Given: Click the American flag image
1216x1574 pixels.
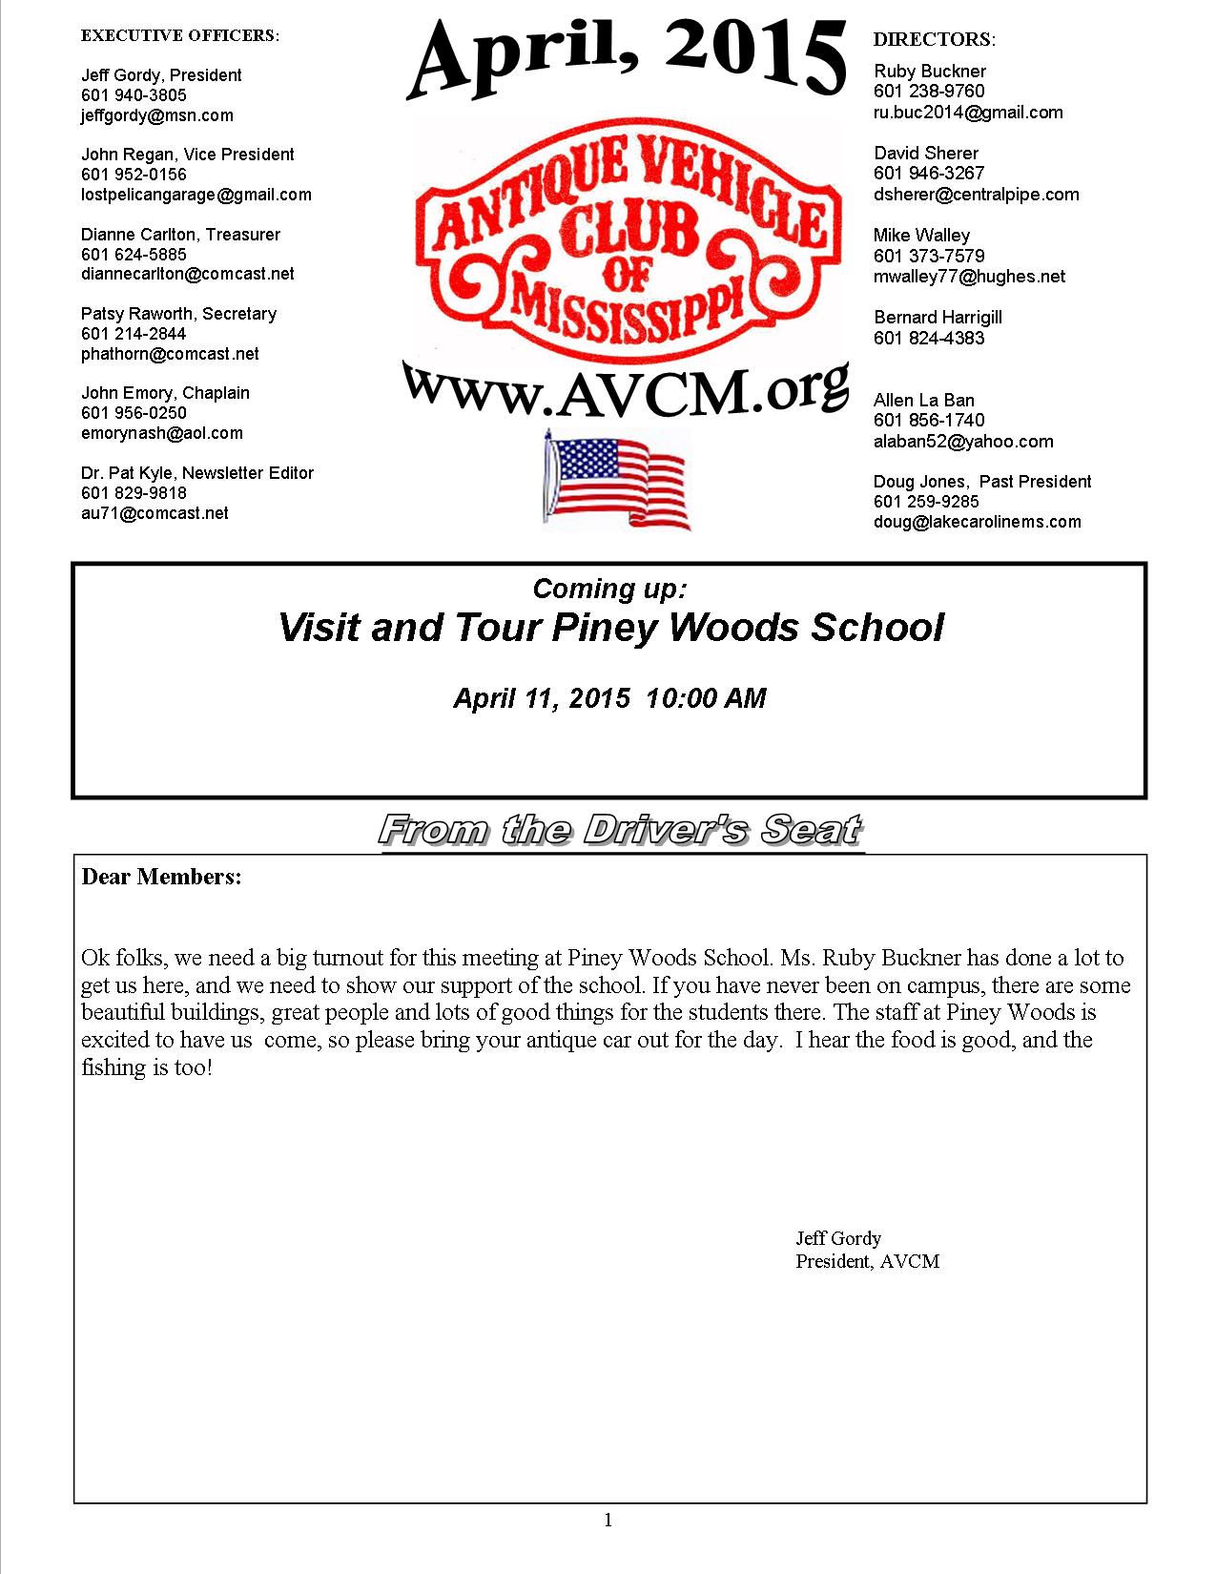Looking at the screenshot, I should click(x=616, y=478).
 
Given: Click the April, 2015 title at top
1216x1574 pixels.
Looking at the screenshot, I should click(x=627, y=58).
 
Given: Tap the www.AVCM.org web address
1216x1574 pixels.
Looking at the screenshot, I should click(x=626, y=387).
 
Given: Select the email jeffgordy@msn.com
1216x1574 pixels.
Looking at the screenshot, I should click(x=156, y=115).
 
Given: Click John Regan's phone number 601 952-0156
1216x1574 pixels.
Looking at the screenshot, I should click(x=134, y=175).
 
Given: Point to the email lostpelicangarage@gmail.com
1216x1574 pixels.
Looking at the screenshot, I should click(x=196, y=195).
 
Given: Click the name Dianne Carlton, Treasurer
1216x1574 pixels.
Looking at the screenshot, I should click(x=180, y=235).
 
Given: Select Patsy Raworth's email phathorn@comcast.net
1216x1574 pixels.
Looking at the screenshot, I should click(x=170, y=354).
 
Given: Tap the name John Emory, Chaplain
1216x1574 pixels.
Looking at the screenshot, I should click(x=165, y=393).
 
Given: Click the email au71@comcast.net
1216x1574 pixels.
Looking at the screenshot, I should click(x=155, y=513).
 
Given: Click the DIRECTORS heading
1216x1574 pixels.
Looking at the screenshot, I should click(x=934, y=39).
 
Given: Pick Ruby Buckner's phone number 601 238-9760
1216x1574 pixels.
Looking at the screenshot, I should click(x=929, y=92).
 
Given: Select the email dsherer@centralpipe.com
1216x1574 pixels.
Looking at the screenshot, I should click(x=976, y=195).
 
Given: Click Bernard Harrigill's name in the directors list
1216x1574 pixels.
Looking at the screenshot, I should click(x=938, y=318).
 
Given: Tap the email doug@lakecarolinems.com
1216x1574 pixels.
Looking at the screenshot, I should click(x=977, y=522).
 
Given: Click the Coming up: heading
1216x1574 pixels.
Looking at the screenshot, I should click(x=608, y=589).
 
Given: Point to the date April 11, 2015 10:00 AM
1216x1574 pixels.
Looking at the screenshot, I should click(x=609, y=698).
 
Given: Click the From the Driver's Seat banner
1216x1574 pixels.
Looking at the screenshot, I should click(x=621, y=830).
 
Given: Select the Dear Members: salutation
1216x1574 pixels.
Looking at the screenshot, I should click(x=161, y=877).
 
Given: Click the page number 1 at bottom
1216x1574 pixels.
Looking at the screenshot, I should click(x=608, y=1521).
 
